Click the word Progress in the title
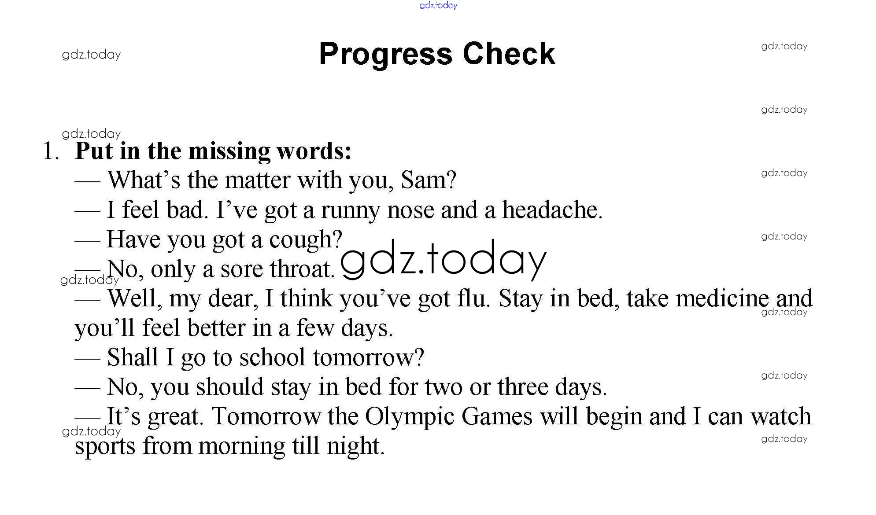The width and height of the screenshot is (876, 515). (x=386, y=55)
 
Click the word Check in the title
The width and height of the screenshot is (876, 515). (x=509, y=54)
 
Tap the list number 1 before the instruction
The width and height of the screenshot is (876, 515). (x=51, y=151)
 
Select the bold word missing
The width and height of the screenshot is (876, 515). (x=229, y=152)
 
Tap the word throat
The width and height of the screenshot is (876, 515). (x=302, y=269)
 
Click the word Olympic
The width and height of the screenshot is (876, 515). (x=409, y=417)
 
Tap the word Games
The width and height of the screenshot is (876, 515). (x=497, y=416)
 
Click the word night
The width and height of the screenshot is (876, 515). (x=355, y=446)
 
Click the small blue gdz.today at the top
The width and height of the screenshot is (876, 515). (x=438, y=5)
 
